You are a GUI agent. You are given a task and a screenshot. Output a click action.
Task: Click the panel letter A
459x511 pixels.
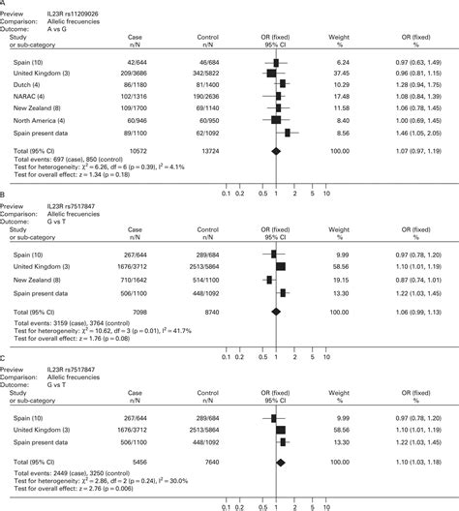click(4, 4)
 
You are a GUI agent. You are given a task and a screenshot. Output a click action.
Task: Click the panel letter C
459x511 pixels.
click(4, 357)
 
